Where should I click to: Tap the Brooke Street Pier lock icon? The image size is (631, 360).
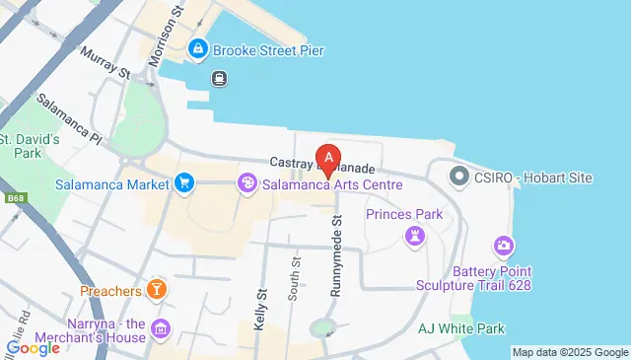coord(198,48)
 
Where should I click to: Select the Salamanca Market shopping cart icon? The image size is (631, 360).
coord(183,182)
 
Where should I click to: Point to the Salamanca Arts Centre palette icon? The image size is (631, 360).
coord(247,183)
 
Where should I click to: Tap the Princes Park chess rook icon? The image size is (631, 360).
coord(413,235)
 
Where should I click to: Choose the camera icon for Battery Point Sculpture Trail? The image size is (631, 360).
coord(504,245)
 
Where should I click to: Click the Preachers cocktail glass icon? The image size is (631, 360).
coord(155,290)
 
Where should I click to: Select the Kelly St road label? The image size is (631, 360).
coord(261,309)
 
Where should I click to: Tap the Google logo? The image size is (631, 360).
coord(34,347)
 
